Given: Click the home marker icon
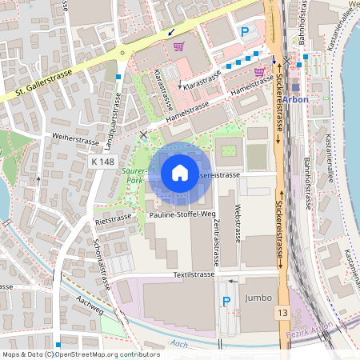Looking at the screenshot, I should (x=180, y=173).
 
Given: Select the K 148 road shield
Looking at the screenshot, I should (x=102, y=162).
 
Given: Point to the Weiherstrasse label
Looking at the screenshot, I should (x=71, y=138).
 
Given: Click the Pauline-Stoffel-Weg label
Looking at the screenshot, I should (x=181, y=214).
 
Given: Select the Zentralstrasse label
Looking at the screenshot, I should (x=216, y=243).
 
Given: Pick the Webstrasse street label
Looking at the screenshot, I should (x=238, y=223).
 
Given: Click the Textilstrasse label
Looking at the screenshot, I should (x=192, y=274).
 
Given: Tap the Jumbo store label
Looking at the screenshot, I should (x=258, y=297).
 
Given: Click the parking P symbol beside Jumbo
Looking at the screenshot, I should (x=226, y=301).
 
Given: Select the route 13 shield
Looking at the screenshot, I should (x=283, y=311).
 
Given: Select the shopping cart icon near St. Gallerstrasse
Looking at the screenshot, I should (x=178, y=46).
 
